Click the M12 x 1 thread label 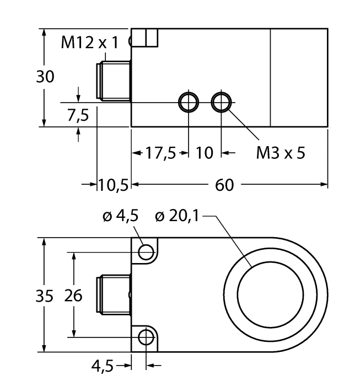point(89,44)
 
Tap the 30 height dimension point(45,77)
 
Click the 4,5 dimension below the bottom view point(103,364)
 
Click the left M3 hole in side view point(188,102)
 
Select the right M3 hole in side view point(222,102)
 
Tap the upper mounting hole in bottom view point(146,252)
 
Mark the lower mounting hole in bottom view point(146,337)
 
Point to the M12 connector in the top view point(113,81)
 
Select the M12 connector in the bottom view point(113,294)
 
